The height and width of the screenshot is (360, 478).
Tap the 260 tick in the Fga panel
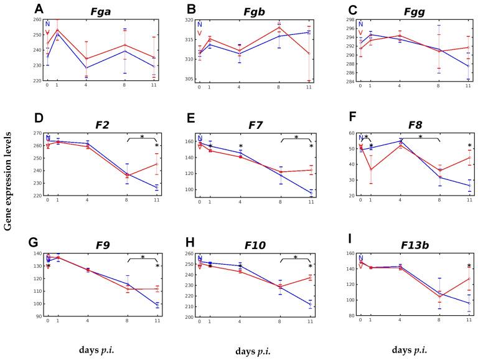pos(36,20)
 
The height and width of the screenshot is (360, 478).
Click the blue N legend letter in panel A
pos(47,24)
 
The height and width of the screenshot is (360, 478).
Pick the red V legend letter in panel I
pos(360,266)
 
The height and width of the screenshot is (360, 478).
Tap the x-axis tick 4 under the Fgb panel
pos(238,87)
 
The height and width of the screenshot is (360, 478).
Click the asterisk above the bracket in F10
pos(295,257)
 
